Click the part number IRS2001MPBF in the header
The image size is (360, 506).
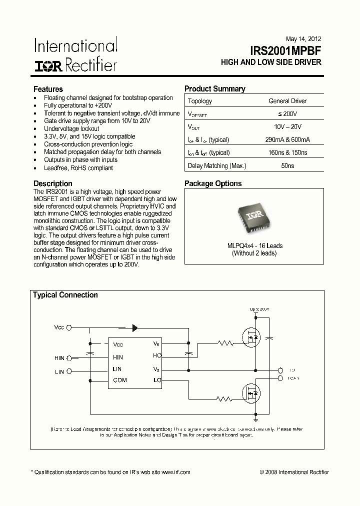click(x=286, y=50)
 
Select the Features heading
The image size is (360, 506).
click(x=48, y=89)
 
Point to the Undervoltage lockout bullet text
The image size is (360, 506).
click(x=72, y=128)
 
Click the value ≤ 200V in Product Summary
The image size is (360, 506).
click(x=287, y=114)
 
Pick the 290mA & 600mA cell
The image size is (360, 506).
click(x=287, y=139)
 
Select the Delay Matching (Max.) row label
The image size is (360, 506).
click(x=216, y=165)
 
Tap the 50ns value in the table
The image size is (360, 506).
click(x=287, y=165)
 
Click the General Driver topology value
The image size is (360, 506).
click(x=287, y=101)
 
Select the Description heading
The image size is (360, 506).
click(x=52, y=183)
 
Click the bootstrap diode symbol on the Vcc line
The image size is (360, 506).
click(x=134, y=328)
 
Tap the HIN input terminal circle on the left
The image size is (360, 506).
click(x=69, y=358)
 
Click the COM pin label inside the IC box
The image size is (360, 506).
click(x=120, y=380)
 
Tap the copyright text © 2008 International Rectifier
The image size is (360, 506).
click(x=294, y=472)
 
